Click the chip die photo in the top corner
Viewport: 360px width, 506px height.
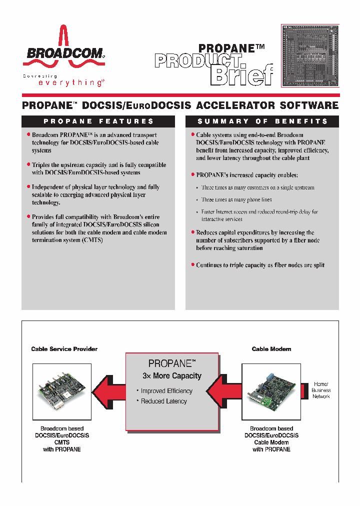[310, 55]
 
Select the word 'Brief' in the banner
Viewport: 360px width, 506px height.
[242, 75]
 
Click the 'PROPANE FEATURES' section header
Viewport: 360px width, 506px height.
[98, 121]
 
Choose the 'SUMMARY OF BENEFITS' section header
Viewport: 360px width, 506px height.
[262, 121]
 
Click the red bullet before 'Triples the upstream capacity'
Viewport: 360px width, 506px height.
[28, 164]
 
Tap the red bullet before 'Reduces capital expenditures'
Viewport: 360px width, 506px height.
[192, 232]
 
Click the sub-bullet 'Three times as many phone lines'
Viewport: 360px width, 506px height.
[229, 200]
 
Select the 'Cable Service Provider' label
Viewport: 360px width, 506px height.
[64, 349]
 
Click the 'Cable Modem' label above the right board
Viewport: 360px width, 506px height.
[271, 349]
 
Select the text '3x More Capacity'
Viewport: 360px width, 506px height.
[171, 376]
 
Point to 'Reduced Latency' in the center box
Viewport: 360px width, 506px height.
[163, 401]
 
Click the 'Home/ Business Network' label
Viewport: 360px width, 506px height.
[320, 390]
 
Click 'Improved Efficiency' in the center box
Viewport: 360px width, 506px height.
[166, 391]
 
